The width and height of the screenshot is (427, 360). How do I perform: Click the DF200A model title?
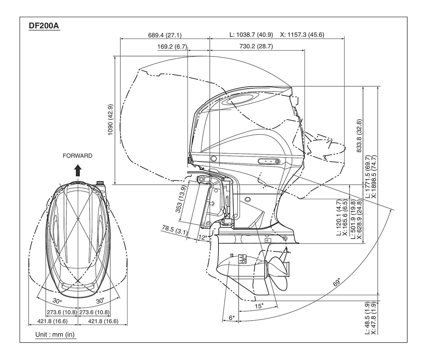[x=44, y=26]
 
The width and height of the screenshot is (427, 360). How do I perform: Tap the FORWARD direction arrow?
[x=78, y=171]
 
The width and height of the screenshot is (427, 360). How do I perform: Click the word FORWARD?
[x=78, y=156]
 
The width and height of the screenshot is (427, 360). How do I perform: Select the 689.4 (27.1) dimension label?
[x=165, y=35]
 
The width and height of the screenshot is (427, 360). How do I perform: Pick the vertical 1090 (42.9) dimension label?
[x=110, y=120]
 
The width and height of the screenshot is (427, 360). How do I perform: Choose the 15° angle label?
[x=259, y=306]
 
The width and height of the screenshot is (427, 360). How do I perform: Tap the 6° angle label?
[x=232, y=318]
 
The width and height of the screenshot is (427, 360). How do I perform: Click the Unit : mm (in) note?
[x=55, y=335]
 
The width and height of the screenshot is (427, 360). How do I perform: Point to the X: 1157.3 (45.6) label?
[x=302, y=35]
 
